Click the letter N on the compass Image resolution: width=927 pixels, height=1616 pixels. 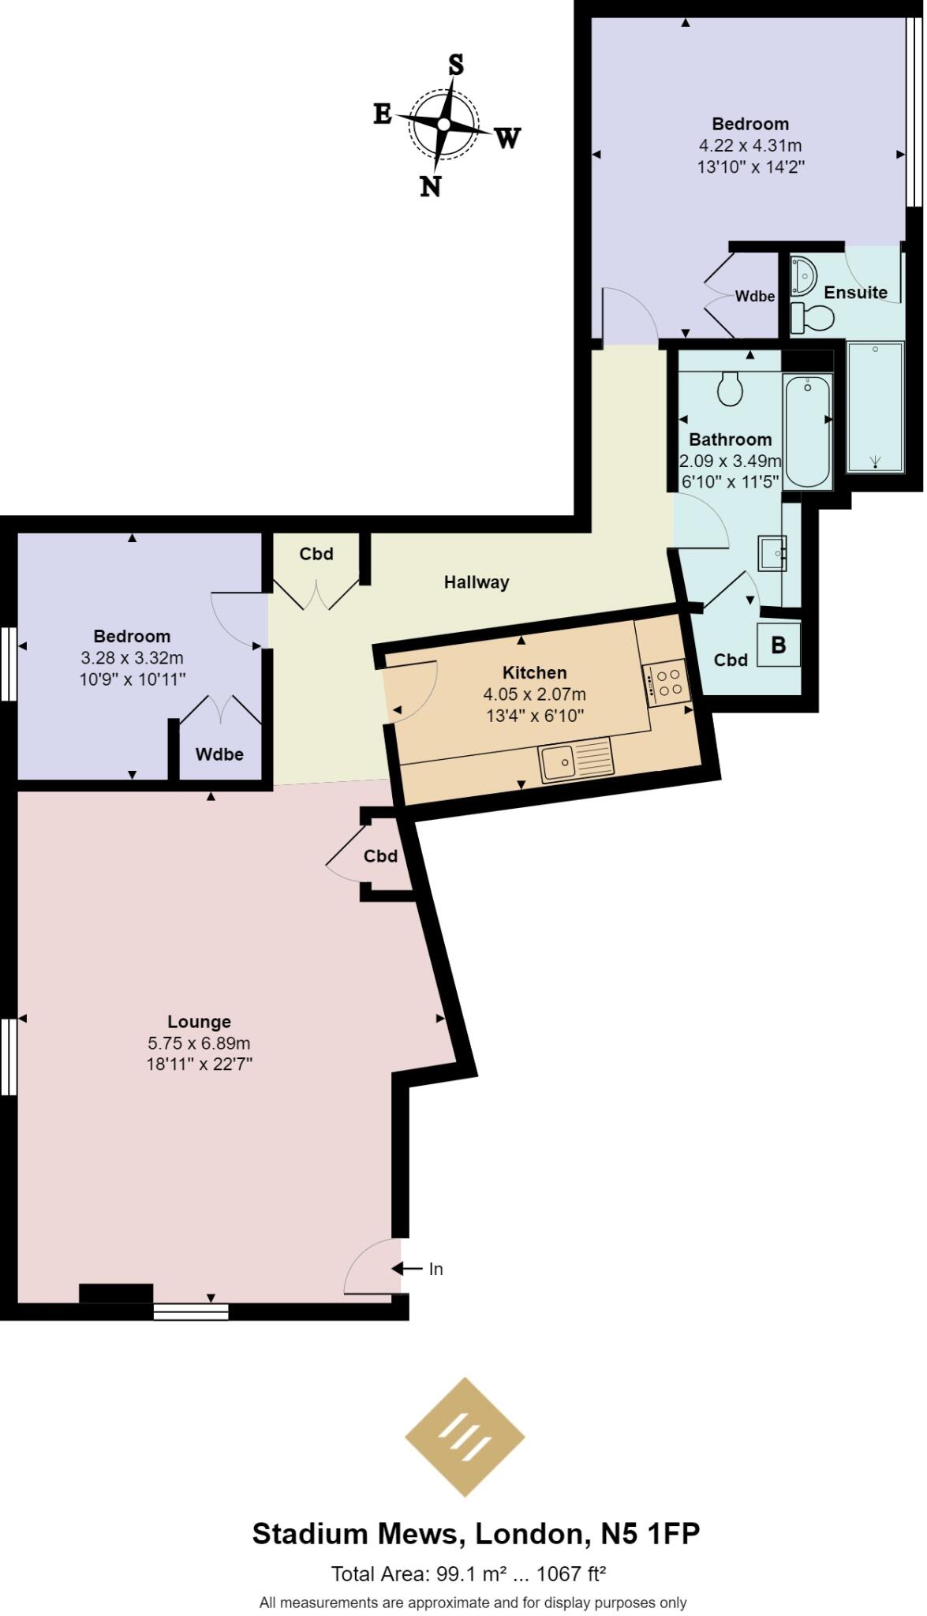click(x=430, y=187)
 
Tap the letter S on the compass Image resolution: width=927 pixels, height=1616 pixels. click(x=456, y=65)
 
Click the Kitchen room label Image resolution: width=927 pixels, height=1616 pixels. click(x=534, y=673)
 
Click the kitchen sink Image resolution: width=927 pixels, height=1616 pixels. click(x=559, y=762)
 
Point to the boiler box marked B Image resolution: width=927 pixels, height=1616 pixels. click(x=778, y=645)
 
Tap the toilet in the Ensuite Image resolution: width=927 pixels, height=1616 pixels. click(x=812, y=318)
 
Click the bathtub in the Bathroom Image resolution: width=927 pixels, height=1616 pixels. click(x=806, y=431)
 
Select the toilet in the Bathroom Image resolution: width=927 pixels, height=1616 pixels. click(x=730, y=388)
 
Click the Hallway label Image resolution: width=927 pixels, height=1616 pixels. click(x=477, y=582)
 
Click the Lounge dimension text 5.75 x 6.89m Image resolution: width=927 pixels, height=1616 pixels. click(x=199, y=1043)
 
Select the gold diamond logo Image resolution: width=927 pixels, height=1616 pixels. click(x=465, y=1437)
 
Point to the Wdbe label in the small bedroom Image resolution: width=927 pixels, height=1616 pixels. click(x=219, y=754)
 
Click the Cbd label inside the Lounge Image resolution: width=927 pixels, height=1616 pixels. click(x=380, y=856)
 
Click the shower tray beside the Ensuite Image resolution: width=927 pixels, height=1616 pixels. click(x=874, y=407)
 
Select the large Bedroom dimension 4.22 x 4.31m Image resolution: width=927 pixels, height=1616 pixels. click(x=749, y=146)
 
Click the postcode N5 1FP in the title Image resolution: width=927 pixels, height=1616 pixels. click(x=650, y=1534)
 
